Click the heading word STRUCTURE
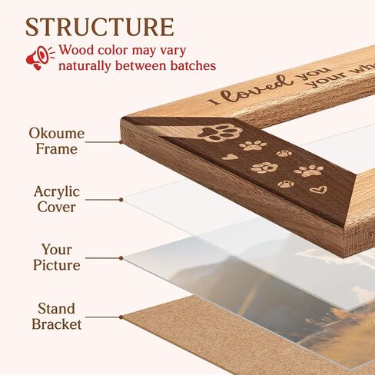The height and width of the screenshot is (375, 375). (100, 27)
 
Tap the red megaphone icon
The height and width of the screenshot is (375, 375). (40, 58)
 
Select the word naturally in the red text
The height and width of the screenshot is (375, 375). (85, 67)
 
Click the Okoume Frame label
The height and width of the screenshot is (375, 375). (57, 141)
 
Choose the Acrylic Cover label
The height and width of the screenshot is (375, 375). (57, 199)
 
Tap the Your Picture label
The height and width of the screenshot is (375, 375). (57, 257)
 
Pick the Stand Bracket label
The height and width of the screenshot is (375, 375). (57, 317)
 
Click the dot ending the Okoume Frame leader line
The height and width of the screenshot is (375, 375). (121, 142)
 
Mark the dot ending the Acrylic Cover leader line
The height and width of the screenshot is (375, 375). (121, 200)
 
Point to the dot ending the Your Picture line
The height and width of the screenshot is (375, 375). (121, 258)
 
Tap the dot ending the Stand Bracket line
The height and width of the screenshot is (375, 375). (121, 317)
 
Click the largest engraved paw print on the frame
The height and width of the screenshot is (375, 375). (221, 132)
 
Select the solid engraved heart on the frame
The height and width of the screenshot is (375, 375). (230, 157)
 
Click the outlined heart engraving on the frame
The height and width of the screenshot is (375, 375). (318, 190)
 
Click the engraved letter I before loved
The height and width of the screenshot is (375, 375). (214, 101)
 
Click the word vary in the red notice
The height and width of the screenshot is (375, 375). (173, 51)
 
